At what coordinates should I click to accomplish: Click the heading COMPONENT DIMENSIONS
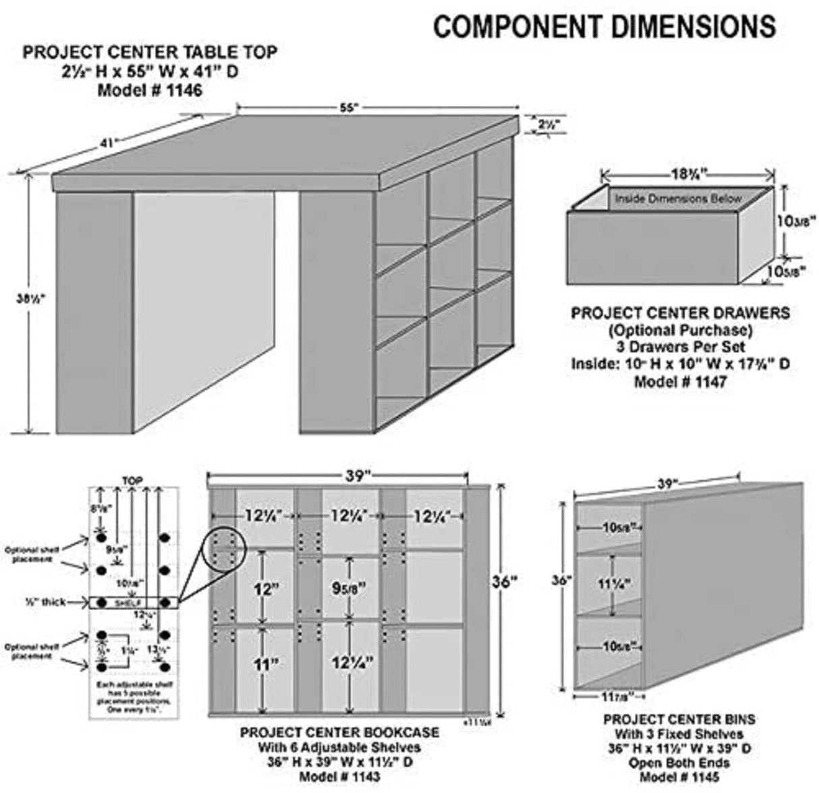pyautogui.click(x=604, y=27)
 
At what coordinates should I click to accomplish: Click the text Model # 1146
pyautogui.click(x=150, y=90)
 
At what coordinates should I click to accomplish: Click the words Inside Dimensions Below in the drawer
pyautogui.click(x=677, y=199)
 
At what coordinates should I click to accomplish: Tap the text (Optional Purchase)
pyautogui.click(x=679, y=330)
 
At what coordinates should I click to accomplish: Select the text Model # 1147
pyautogui.click(x=679, y=381)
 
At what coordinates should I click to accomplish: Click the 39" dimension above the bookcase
pyautogui.click(x=358, y=475)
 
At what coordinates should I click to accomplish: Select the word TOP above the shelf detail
pyautogui.click(x=132, y=481)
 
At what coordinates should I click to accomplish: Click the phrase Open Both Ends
pyautogui.click(x=679, y=763)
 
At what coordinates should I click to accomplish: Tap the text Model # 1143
pyautogui.click(x=340, y=777)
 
